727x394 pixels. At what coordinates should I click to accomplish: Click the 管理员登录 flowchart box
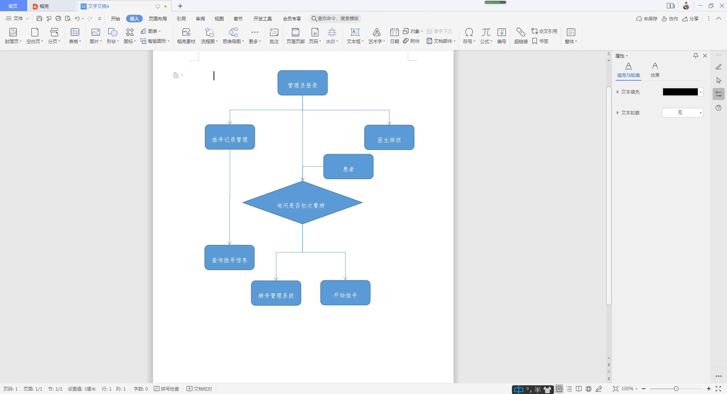click(302, 83)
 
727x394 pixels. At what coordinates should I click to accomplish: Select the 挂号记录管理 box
click(229, 137)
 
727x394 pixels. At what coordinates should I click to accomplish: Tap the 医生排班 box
click(389, 138)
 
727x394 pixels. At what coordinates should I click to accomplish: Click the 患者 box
click(348, 167)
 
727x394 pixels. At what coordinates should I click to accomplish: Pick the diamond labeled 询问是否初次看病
click(302, 203)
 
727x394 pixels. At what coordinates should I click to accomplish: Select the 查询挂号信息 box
click(229, 258)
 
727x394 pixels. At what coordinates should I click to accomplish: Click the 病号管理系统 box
click(276, 293)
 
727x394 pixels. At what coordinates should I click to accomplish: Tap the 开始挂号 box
click(345, 293)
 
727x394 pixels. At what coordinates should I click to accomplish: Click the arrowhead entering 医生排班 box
click(389, 122)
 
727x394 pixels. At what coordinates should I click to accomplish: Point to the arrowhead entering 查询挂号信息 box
click(229, 243)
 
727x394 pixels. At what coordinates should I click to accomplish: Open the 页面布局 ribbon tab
click(158, 19)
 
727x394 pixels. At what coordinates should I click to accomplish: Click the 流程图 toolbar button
click(209, 36)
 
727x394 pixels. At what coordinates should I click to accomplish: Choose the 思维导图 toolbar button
click(233, 36)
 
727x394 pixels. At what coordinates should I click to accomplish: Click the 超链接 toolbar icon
click(521, 36)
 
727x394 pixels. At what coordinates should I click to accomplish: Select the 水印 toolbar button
click(332, 36)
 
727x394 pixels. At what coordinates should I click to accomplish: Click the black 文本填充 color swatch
click(680, 92)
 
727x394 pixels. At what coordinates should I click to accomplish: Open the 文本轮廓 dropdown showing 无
click(682, 113)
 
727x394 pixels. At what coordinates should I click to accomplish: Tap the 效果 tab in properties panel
click(655, 70)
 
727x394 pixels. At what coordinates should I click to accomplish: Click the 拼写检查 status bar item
click(167, 389)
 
